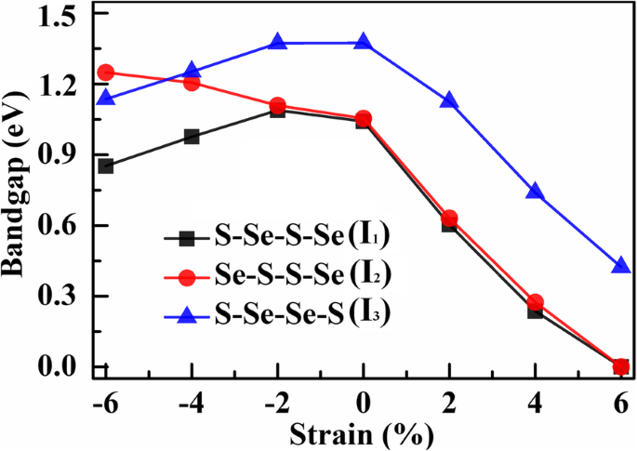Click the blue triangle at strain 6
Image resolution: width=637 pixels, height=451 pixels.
(621, 266)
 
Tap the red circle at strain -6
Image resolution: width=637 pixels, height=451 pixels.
(106, 73)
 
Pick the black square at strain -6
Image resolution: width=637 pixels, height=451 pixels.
(106, 166)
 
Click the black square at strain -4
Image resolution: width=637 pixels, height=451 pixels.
(192, 136)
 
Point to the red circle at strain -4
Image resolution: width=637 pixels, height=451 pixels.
(192, 83)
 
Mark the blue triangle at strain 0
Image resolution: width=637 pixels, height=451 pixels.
(364, 42)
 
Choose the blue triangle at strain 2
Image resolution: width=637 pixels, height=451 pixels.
(449, 99)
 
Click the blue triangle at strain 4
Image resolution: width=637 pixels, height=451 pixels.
(535, 191)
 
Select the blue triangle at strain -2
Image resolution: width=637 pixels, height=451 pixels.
(277, 42)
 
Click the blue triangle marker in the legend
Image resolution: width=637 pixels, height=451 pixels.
(187, 314)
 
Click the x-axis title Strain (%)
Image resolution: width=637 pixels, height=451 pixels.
(364, 434)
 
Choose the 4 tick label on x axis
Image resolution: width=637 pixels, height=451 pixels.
(536, 404)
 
